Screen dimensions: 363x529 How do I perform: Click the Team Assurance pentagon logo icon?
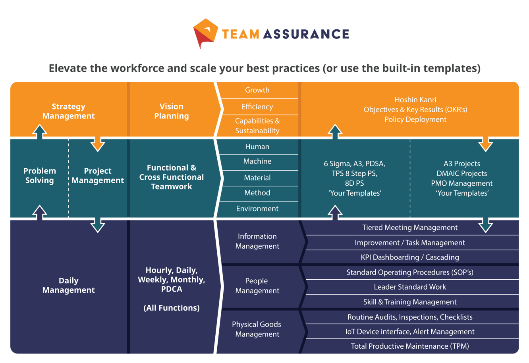tap(205, 33)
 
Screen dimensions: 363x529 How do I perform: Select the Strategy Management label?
tap(69, 111)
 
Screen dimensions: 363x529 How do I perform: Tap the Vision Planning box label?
tap(171, 111)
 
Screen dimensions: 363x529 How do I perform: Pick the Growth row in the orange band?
tap(257, 90)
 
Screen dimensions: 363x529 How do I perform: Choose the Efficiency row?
tap(257, 107)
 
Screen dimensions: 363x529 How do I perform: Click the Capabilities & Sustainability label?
tap(257, 126)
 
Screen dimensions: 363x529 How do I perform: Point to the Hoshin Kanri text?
tap(415, 100)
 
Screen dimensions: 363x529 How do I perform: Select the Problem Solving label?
tap(39, 176)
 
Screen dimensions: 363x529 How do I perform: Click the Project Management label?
tap(98, 176)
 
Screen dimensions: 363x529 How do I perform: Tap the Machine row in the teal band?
tap(257, 161)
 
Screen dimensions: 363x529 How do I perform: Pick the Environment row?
tap(257, 209)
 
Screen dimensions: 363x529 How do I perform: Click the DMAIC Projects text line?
tap(462, 173)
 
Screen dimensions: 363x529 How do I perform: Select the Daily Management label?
tap(69, 285)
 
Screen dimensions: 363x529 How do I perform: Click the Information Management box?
tap(257, 241)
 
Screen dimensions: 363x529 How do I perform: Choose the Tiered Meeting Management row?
tap(409, 228)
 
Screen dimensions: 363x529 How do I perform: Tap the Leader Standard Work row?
tap(409, 287)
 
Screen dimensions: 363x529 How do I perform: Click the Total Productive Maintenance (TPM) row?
tap(409, 346)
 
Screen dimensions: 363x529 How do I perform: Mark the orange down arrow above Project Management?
tap(98, 143)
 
